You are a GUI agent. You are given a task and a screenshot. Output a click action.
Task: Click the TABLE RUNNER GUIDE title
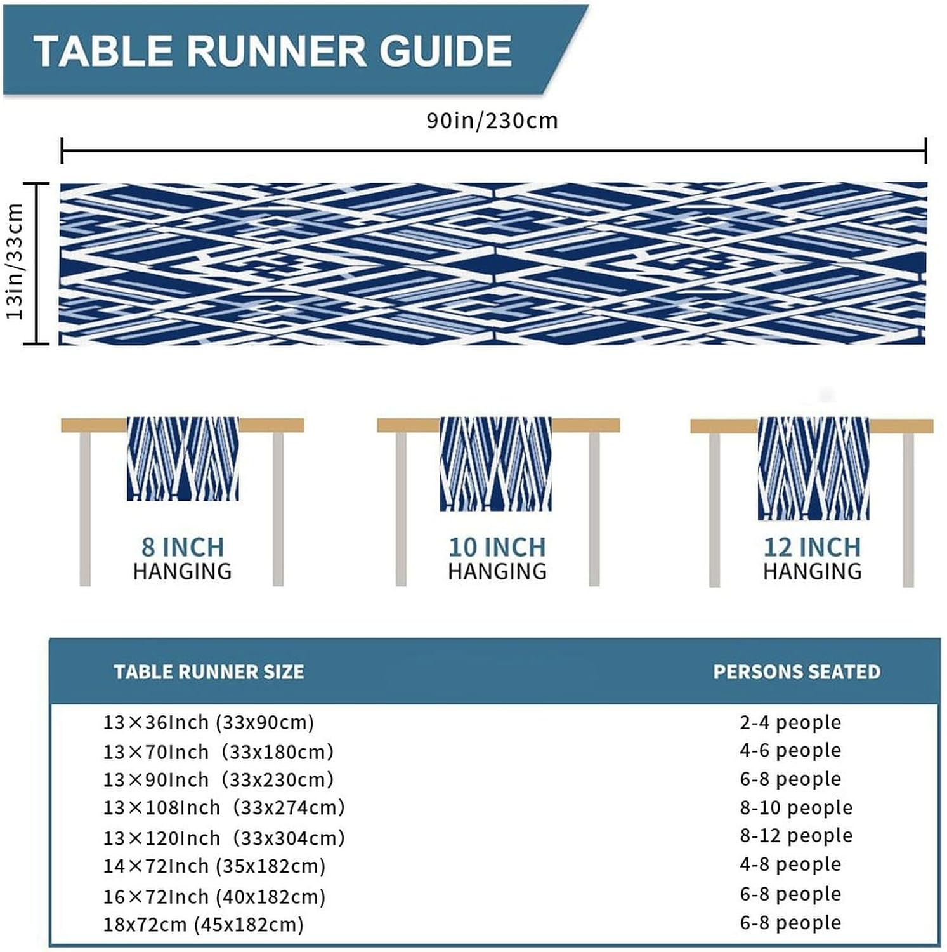(x=273, y=51)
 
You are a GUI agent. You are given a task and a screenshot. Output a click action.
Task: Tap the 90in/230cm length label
(x=492, y=120)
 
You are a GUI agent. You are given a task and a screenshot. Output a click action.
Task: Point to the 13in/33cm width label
(x=15, y=261)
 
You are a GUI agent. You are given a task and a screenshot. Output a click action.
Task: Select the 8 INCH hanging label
(x=183, y=559)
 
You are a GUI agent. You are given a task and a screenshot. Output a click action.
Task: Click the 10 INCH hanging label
(x=497, y=559)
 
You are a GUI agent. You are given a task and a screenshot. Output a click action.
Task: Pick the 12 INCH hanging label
(x=813, y=559)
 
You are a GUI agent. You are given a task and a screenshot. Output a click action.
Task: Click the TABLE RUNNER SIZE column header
(x=209, y=672)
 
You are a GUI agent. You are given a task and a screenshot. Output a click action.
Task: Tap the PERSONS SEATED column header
(x=797, y=672)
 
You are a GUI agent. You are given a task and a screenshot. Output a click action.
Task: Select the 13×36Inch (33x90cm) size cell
(x=209, y=722)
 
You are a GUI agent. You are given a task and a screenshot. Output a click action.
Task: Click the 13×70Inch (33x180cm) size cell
(x=218, y=752)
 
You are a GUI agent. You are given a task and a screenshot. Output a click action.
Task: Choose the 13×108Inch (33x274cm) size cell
(x=224, y=808)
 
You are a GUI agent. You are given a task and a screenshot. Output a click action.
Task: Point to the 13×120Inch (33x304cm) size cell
(x=224, y=838)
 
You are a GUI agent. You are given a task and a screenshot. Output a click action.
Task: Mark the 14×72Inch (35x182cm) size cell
(x=214, y=866)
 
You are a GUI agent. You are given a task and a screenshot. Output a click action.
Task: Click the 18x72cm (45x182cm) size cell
(x=204, y=925)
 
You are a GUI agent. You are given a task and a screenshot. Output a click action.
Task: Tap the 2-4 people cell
(x=790, y=722)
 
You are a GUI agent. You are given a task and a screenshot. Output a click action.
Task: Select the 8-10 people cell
(x=796, y=808)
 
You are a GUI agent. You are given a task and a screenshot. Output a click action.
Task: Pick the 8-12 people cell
(x=796, y=836)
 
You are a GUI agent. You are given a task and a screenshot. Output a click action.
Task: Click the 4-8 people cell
(x=790, y=864)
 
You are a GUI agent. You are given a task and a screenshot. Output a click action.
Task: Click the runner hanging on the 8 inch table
(x=183, y=458)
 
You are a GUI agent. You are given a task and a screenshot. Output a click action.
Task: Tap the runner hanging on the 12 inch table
(x=813, y=468)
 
